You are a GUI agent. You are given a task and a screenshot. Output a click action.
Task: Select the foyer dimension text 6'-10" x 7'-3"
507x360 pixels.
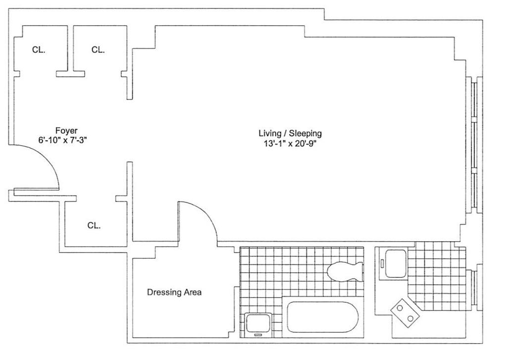click(63, 140)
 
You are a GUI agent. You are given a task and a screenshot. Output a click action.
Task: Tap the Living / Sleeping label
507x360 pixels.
click(290, 133)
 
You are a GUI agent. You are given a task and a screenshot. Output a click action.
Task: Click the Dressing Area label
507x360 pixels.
click(174, 292)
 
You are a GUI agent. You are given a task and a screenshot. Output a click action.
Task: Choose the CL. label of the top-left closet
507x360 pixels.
click(39, 50)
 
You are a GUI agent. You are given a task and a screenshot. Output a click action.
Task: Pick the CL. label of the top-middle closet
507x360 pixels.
click(98, 50)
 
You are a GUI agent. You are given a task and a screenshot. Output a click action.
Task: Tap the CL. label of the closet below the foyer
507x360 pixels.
click(94, 225)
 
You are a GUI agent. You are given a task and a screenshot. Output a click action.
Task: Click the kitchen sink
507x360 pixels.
click(396, 264)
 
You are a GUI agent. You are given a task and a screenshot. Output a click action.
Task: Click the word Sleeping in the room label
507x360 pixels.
click(305, 133)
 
